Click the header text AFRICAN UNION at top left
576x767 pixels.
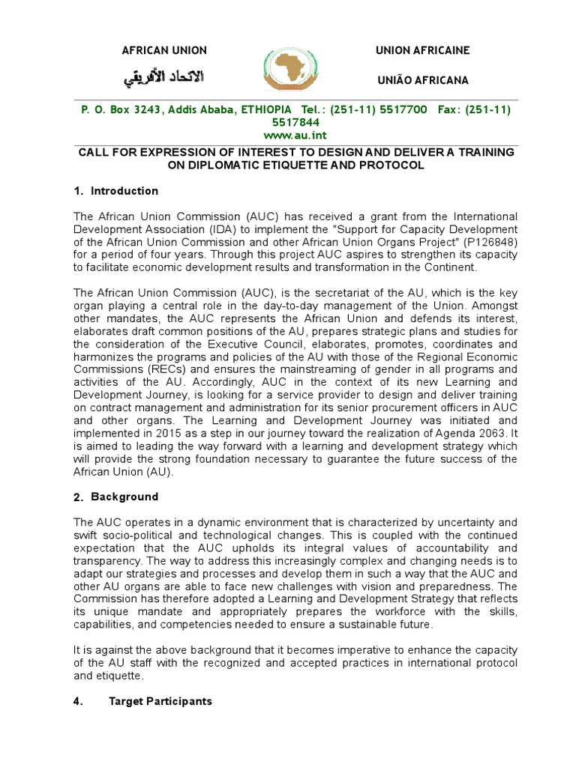click(164, 50)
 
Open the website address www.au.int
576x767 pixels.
click(287, 134)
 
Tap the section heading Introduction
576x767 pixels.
click(124, 191)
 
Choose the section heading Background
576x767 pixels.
click(124, 497)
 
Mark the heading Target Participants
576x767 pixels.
click(160, 701)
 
